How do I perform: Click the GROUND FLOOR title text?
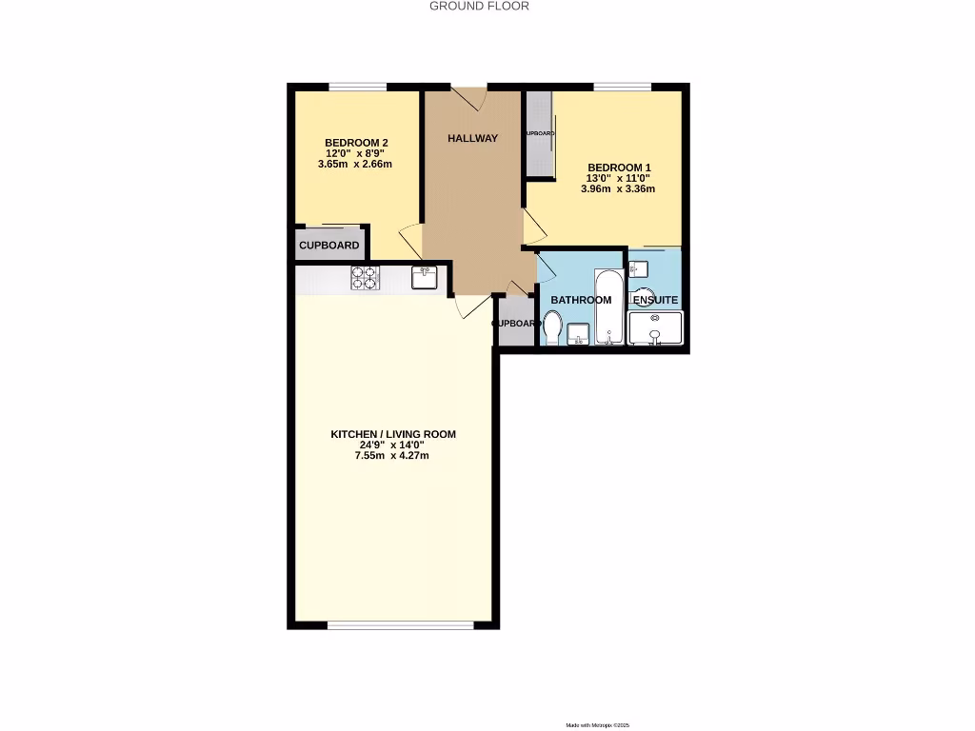479,6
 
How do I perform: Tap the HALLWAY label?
473,139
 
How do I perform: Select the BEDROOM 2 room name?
356,143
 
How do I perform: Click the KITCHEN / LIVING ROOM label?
393,434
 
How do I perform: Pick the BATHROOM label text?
581,301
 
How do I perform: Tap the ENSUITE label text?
656,301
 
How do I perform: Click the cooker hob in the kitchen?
365,277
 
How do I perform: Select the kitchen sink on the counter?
425,277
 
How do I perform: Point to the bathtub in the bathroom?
609,307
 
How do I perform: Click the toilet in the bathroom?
552,326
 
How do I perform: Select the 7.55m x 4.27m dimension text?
393,456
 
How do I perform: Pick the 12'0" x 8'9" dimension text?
356,153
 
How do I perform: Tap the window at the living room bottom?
401,625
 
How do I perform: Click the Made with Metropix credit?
598,725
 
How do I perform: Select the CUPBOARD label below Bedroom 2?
329,246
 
